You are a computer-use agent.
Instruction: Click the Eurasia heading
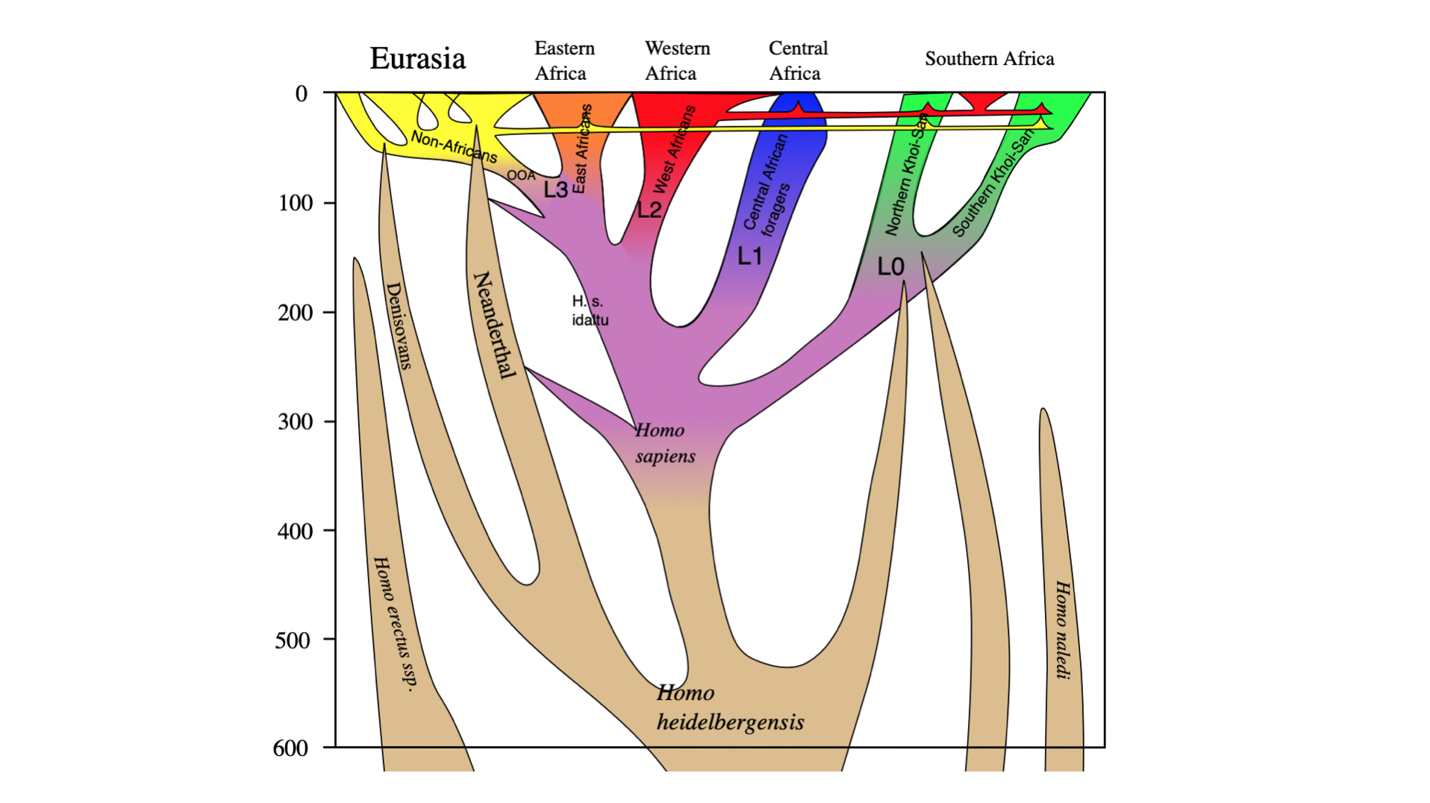(x=417, y=59)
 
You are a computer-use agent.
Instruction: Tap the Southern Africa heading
(x=989, y=59)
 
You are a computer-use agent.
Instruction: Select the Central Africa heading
(x=797, y=60)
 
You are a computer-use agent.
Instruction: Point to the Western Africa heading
(x=676, y=60)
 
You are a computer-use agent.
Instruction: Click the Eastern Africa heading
(x=563, y=60)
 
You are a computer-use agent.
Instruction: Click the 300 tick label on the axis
(x=296, y=422)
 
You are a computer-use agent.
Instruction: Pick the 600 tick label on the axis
(x=290, y=748)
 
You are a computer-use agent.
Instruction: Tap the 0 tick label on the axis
(x=302, y=94)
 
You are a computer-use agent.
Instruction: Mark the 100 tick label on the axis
(x=296, y=203)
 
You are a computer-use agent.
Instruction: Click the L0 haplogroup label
(x=890, y=266)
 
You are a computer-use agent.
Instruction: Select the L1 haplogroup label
(x=750, y=256)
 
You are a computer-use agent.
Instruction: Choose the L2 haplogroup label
(x=649, y=210)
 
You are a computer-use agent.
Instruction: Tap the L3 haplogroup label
(x=555, y=190)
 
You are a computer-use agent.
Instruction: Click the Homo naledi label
(x=1062, y=631)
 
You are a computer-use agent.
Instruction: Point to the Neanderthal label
(x=494, y=325)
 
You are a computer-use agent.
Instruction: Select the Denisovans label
(x=399, y=325)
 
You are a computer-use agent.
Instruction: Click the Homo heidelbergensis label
(x=729, y=707)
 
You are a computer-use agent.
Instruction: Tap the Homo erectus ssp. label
(x=394, y=624)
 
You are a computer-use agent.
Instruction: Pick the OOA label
(x=521, y=175)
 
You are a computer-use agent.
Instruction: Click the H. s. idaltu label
(x=590, y=310)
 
